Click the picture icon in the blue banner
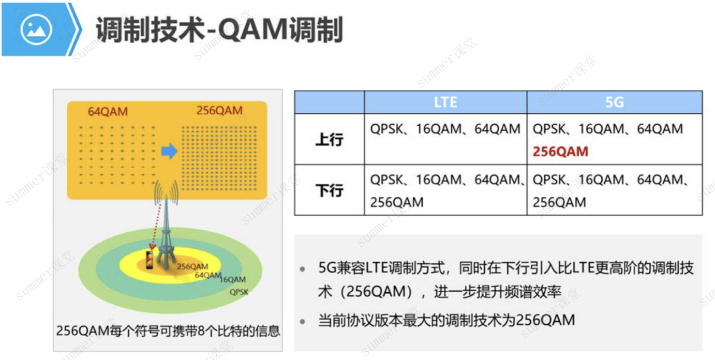36,29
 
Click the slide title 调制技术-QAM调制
219,29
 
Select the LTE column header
445,102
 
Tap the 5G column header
615,102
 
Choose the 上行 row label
330,140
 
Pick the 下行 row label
330,190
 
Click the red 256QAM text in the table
560,151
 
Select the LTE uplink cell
445,139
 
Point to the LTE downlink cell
445,190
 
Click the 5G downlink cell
615,190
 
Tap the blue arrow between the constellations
169,151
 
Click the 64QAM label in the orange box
108,111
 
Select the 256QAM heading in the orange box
219,110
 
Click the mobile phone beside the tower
149,260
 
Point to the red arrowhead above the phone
152,247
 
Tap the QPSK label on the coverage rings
239,292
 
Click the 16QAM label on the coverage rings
233,280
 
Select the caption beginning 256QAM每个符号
168,331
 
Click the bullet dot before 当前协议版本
303,321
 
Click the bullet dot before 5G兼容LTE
303,269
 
